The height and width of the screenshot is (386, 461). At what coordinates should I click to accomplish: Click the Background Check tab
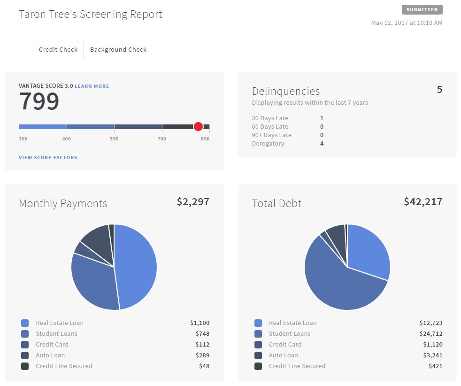(118, 49)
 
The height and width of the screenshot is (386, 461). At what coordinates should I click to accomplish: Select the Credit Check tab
(58, 49)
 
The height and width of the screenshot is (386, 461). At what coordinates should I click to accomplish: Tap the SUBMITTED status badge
(422, 9)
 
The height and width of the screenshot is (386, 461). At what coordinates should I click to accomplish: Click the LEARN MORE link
(92, 86)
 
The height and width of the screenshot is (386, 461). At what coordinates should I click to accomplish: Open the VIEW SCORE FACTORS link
(48, 158)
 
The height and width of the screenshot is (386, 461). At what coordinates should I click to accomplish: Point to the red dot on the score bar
(198, 126)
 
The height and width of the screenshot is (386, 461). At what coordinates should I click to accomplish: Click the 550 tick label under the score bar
(114, 139)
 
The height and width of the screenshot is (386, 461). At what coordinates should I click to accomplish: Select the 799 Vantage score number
(39, 101)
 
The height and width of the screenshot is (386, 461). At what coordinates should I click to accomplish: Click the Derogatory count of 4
(322, 144)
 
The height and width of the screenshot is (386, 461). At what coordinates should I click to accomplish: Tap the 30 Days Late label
(270, 118)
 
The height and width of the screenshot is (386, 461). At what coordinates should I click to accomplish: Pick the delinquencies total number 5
(439, 90)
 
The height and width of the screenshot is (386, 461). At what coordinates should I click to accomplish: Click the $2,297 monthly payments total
(193, 202)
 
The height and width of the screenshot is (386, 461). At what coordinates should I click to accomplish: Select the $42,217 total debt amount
(423, 202)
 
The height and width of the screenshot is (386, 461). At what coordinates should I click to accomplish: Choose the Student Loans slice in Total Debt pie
(338, 286)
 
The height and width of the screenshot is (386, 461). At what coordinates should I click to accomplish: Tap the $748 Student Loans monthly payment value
(202, 334)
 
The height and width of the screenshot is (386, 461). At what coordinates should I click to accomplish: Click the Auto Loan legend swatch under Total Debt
(258, 355)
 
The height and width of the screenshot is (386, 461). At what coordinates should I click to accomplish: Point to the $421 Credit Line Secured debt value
(435, 366)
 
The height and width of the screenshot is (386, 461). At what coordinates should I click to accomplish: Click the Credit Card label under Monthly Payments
(52, 345)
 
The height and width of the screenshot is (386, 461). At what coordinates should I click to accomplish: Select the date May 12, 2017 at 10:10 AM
(407, 23)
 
